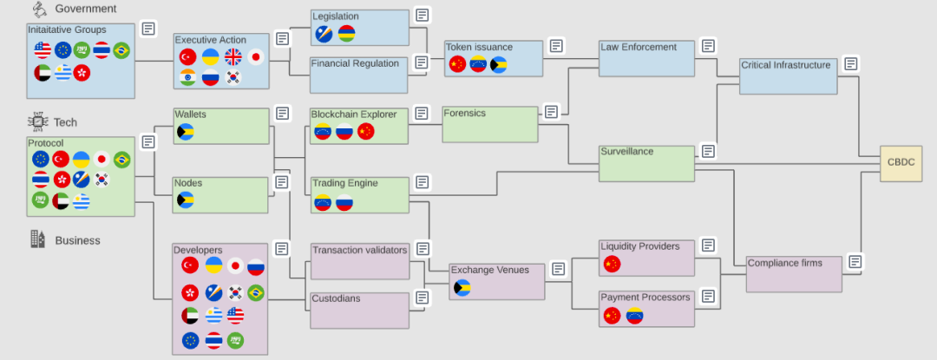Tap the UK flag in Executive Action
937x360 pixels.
(x=233, y=56)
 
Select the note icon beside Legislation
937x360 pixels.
(x=423, y=15)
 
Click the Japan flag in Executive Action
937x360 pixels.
(x=256, y=56)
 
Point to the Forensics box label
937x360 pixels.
(x=465, y=113)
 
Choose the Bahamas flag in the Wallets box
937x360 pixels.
(x=186, y=131)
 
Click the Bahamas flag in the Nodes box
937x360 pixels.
(x=186, y=200)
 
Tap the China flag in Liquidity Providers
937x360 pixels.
(x=612, y=264)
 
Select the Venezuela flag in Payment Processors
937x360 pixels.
(x=634, y=315)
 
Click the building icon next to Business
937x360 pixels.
(x=37, y=239)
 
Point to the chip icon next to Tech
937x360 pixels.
(x=37, y=121)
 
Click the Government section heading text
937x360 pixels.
(x=86, y=9)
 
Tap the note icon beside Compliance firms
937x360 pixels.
(x=855, y=261)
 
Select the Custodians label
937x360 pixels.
(x=336, y=298)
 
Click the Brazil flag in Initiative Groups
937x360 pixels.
(x=121, y=50)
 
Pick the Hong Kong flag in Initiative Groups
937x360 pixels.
(x=82, y=73)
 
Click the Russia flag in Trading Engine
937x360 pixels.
(x=344, y=203)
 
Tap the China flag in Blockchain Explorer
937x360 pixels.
(x=366, y=131)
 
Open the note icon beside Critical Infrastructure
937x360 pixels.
(x=851, y=63)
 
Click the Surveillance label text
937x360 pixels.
(x=627, y=152)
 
